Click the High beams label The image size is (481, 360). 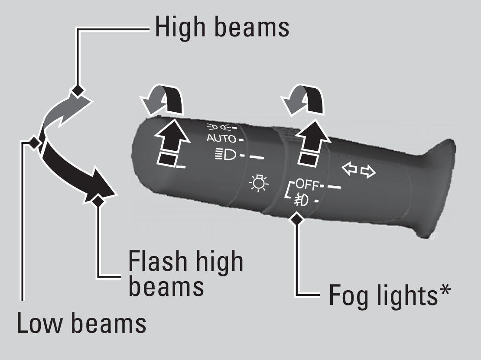[x=222, y=27]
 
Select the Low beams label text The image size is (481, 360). [x=81, y=323]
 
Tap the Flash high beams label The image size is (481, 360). [x=185, y=273]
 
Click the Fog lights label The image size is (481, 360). [x=383, y=295]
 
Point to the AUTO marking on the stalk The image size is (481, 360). [x=221, y=139]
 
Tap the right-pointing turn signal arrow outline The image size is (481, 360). [x=368, y=173]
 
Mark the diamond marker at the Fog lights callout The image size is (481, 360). [x=297, y=218]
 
